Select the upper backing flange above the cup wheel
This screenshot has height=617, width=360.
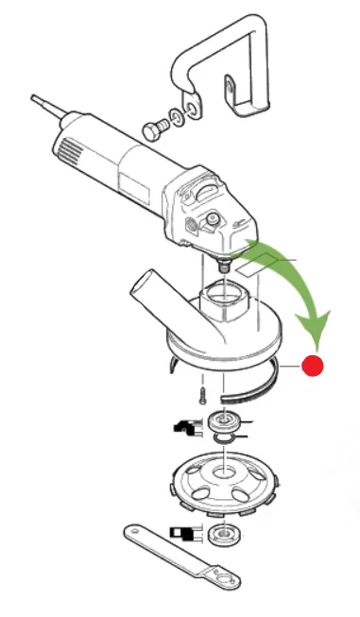(x=225, y=421)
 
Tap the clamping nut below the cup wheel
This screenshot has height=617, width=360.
(x=225, y=534)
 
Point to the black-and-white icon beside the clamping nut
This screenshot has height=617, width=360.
(x=182, y=534)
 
